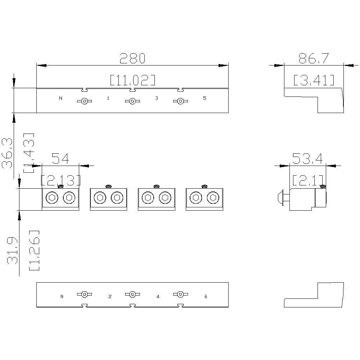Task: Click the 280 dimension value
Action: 132,58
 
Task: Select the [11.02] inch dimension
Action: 133,80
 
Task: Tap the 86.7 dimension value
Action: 314,58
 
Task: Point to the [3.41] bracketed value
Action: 314,80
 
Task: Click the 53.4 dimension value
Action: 308,158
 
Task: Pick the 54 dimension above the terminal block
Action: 60,158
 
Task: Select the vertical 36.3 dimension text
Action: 7,153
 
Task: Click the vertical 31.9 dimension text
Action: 12,251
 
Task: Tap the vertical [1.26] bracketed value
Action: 34,250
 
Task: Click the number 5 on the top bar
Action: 204,98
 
